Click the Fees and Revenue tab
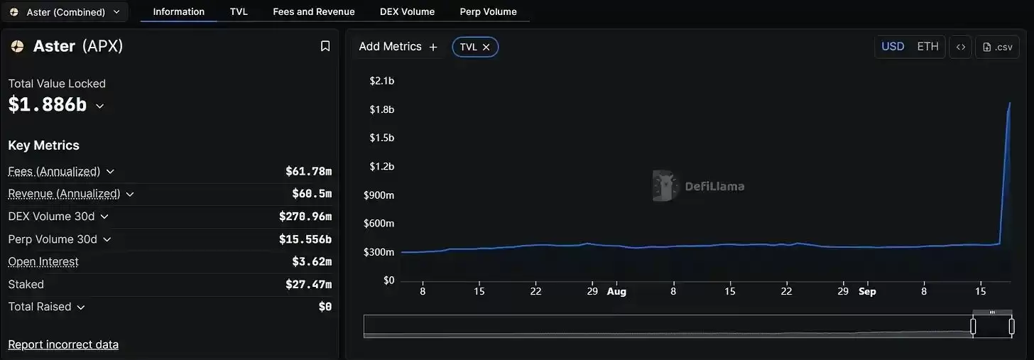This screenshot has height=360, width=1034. click(x=313, y=11)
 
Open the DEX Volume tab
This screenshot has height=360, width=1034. click(x=407, y=11)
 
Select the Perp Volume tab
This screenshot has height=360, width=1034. click(x=488, y=11)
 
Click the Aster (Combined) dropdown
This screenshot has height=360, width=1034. click(x=65, y=12)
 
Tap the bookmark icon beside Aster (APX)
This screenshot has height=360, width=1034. click(x=325, y=46)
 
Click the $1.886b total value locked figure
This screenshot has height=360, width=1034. click(x=48, y=105)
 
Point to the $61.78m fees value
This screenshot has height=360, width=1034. click(x=308, y=171)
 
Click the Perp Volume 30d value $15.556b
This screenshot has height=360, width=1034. click(x=305, y=239)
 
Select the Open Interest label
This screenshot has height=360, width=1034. click(x=43, y=262)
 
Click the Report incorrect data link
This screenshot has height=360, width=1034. click(x=63, y=344)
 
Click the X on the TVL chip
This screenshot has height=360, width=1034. click(x=486, y=47)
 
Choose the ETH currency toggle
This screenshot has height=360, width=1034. click(x=927, y=47)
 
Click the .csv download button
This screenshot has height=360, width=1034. click(x=997, y=47)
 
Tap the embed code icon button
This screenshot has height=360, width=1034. click(x=960, y=47)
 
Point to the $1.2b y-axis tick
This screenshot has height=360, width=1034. click(x=381, y=166)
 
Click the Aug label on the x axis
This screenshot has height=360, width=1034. click(x=616, y=291)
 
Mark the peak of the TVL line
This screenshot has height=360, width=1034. click(x=1010, y=103)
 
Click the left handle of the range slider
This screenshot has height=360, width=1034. click(x=973, y=327)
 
